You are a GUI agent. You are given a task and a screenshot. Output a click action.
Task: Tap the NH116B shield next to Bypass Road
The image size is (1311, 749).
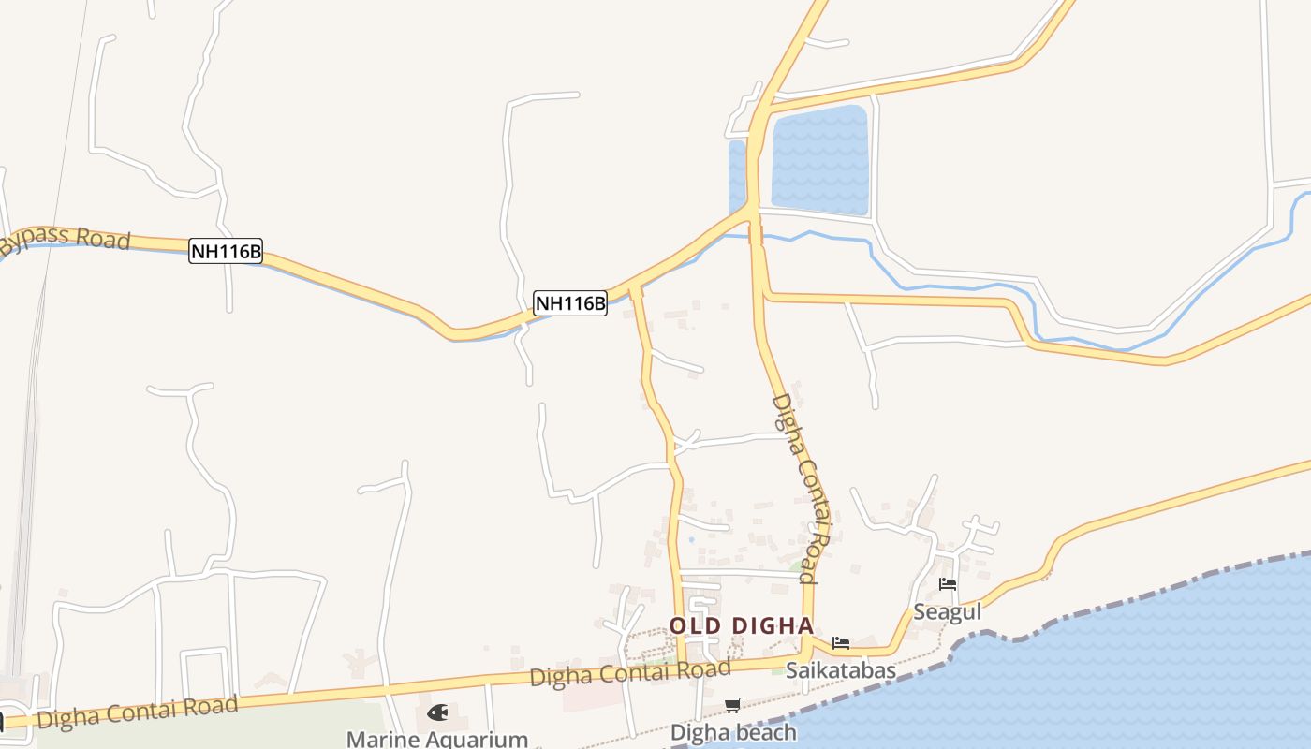coord(226,251)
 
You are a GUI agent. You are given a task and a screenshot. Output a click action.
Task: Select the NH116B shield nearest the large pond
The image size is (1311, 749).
coord(570,302)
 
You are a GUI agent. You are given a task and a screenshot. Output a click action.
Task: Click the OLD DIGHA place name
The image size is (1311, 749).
coord(741,626)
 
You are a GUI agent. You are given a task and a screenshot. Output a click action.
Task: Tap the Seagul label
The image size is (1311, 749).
coord(947,612)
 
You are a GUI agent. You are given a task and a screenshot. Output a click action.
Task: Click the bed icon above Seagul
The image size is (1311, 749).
coord(948,584)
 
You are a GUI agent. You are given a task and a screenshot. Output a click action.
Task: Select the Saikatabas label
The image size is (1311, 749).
coord(840,670)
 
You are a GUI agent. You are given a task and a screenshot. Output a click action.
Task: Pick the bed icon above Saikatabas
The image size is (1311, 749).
coord(841,643)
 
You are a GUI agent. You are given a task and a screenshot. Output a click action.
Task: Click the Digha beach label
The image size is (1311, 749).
coord(733,732)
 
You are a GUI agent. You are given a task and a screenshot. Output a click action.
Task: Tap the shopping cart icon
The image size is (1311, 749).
coord(732,705)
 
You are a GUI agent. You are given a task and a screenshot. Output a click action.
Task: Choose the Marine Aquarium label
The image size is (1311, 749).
coord(437,739)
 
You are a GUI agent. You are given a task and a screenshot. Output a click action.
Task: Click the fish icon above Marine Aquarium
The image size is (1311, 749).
coord(437,712)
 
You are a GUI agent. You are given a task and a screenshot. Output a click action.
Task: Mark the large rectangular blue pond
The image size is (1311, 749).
coord(819,159)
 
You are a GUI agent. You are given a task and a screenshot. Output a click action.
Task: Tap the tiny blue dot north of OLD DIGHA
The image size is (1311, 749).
coord(691,540)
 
